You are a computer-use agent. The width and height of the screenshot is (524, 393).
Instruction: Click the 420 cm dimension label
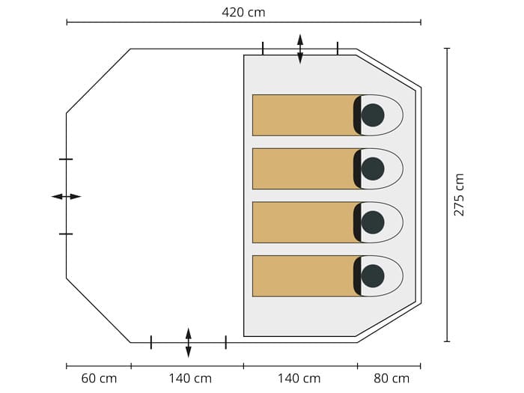[x=243, y=13]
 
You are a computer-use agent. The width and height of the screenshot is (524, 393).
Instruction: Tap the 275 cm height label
[x=459, y=195]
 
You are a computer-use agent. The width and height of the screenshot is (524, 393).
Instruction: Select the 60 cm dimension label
[x=99, y=379]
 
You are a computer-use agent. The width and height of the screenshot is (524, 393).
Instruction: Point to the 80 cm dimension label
[x=392, y=379]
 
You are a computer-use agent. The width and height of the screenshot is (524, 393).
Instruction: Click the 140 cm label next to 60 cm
[x=190, y=379]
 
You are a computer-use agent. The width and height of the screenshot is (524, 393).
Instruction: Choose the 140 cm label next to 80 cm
[x=299, y=379]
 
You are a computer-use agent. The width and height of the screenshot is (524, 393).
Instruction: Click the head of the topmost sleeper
[x=373, y=115]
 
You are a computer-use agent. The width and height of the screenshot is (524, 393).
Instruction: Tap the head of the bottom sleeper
[x=373, y=276]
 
